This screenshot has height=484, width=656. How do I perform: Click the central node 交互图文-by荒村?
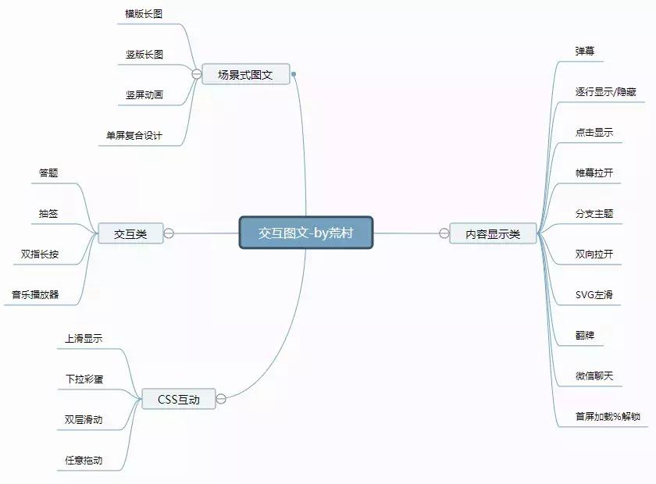(306, 233)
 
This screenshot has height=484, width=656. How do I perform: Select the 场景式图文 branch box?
(245, 75)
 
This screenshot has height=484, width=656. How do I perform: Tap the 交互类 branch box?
(130, 233)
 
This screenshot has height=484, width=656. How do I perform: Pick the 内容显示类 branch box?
(493, 233)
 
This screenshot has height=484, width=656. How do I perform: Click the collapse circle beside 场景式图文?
(197, 74)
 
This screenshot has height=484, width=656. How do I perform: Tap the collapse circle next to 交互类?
(169, 233)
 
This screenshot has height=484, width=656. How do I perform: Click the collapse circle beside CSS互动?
(221, 399)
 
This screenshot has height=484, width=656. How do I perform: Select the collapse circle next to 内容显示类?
(444, 233)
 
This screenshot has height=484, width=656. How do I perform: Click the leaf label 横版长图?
(144, 14)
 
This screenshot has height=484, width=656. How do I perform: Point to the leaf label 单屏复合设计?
(134, 135)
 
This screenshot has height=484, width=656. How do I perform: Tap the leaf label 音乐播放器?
(35, 294)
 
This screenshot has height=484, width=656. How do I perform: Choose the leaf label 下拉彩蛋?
(84, 379)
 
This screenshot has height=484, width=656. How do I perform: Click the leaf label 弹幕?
(585, 51)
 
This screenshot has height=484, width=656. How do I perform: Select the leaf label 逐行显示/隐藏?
(605, 92)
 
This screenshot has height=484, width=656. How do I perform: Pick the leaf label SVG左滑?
(594, 294)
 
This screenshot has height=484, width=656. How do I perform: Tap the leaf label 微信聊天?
(594, 375)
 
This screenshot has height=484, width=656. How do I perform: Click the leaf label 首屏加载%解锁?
(608, 416)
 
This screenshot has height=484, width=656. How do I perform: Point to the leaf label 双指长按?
(40, 254)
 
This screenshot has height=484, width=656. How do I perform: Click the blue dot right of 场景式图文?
(294, 75)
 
